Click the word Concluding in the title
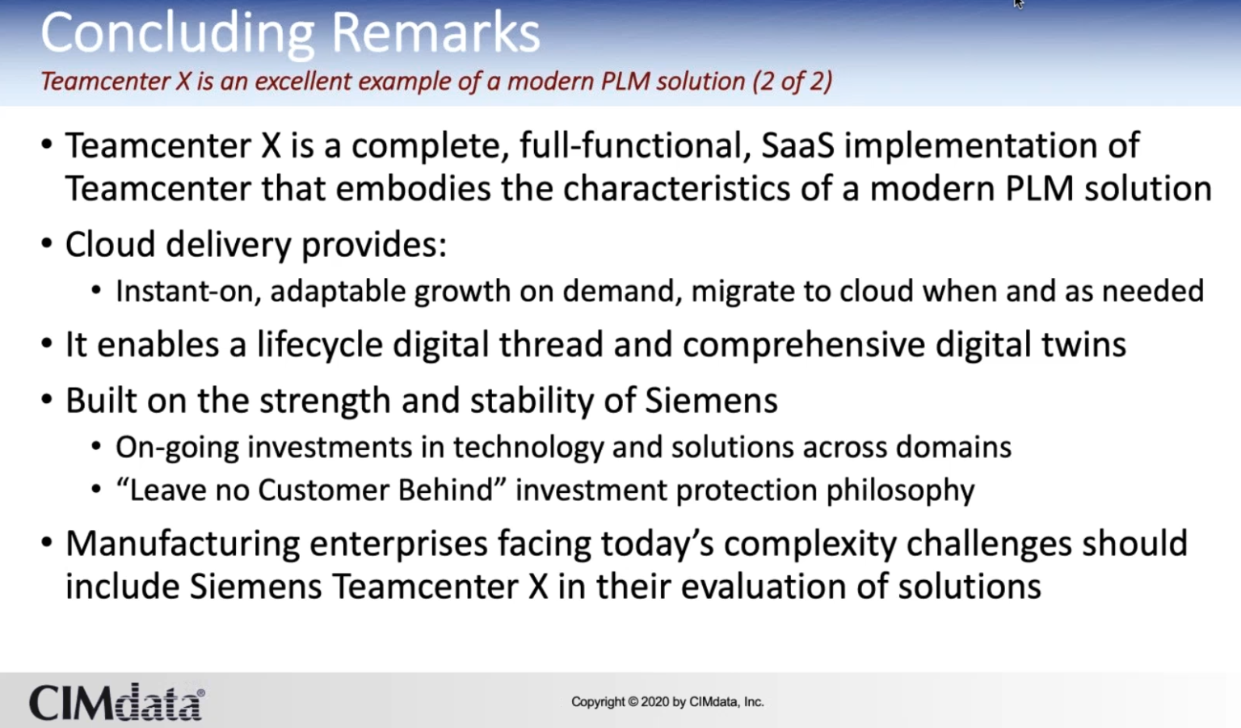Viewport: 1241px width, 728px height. tap(177, 34)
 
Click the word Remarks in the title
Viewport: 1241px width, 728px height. tap(435, 34)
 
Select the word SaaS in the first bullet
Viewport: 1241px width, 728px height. tap(797, 146)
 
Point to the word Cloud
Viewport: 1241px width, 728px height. tap(110, 245)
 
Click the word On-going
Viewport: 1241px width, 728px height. tap(177, 448)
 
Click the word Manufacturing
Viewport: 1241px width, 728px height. tap(183, 545)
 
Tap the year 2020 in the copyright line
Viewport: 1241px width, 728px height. tap(654, 702)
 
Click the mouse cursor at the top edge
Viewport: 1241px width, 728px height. tap(1019, 3)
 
